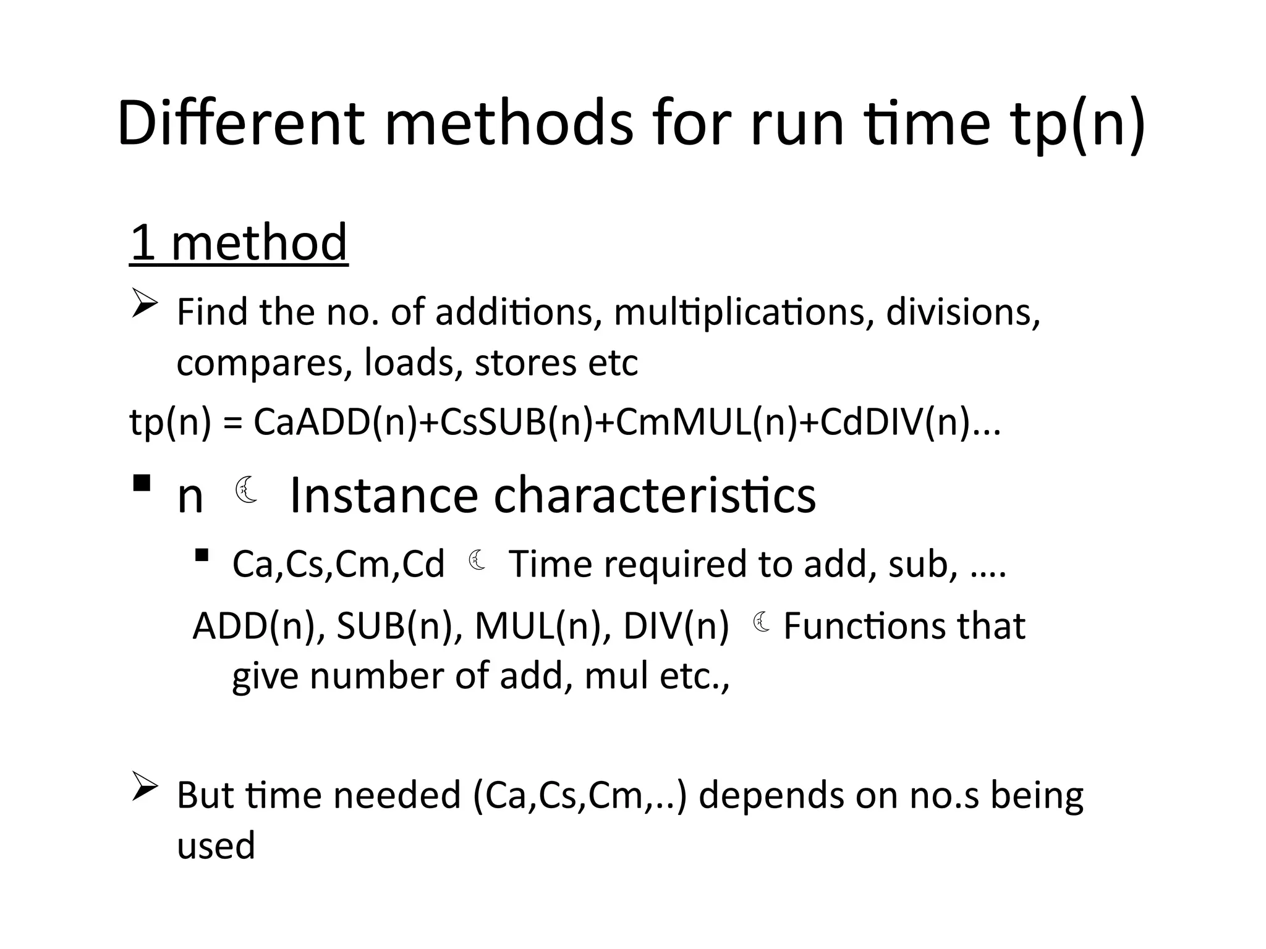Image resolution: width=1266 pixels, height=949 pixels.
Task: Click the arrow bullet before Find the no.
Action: (x=145, y=305)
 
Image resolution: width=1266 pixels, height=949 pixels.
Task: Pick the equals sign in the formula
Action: (x=232, y=423)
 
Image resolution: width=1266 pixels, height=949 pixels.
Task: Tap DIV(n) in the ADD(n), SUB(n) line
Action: (x=676, y=626)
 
